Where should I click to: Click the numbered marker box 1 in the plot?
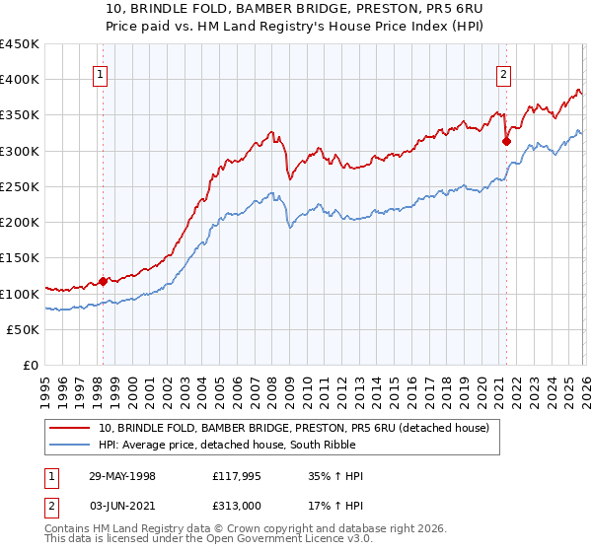click(102, 72)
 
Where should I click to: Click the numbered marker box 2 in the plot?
click(503, 72)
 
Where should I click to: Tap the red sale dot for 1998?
click(103, 281)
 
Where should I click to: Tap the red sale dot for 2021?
click(506, 141)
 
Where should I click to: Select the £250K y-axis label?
click(20, 186)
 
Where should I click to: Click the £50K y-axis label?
click(24, 329)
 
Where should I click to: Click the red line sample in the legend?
click(71, 428)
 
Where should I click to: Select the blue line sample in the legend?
click(71, 445)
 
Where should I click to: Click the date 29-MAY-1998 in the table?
click(121, 476)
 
